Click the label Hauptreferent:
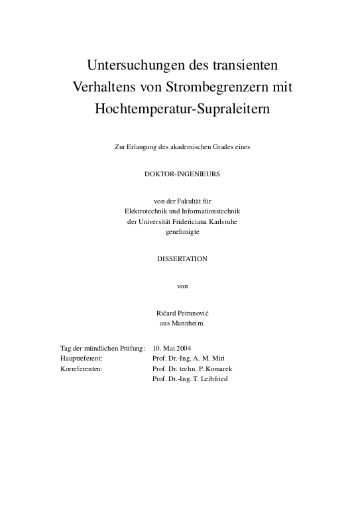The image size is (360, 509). coord(81,358)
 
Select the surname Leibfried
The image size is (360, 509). coord(212,378)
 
